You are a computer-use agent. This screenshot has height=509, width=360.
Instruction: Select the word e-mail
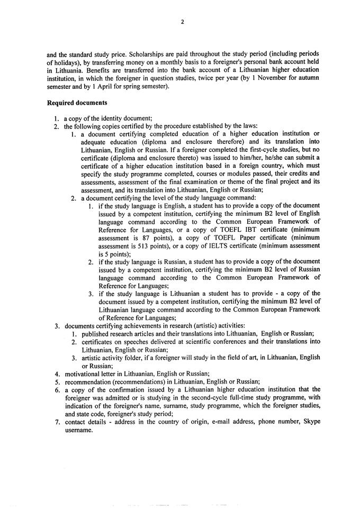point(186,421)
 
